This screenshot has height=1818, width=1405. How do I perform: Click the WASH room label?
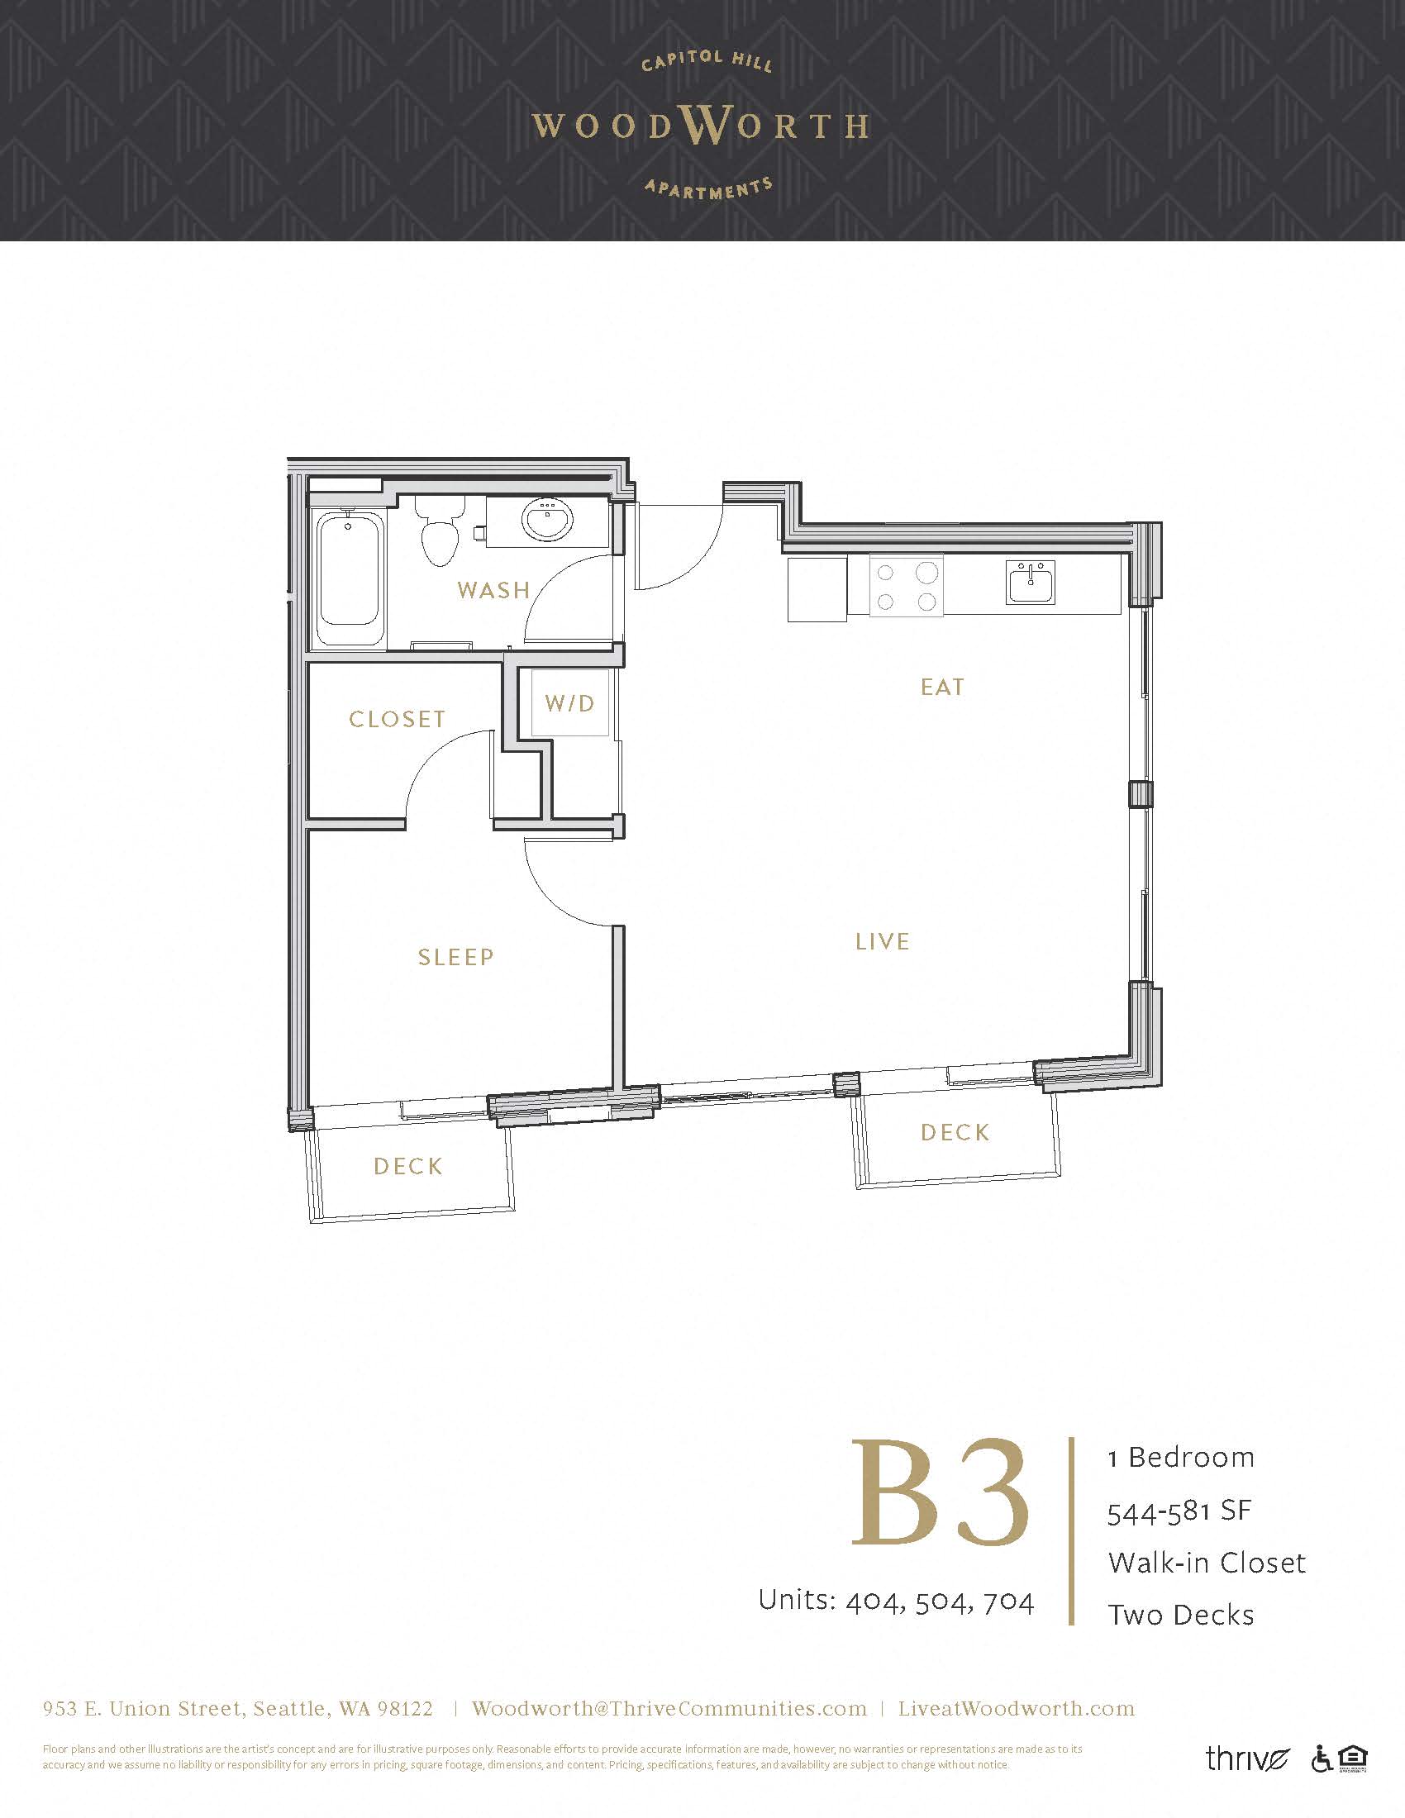(x=493, y=590)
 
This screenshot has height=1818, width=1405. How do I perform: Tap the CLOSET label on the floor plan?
(x=397, y=719)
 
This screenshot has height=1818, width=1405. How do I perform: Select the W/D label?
(x=570, y=703)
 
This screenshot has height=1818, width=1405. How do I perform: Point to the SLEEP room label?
(x=456, y=957)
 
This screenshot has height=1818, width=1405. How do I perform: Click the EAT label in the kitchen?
(x=942, y=687)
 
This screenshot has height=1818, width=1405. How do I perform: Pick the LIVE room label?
(x=883, y=941)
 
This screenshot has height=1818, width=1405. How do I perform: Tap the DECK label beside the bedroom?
(x=407, y=1166)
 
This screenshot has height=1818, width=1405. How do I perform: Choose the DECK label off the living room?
(x=955, y=1132)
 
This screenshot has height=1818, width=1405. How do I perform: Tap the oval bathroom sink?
(x=548, y=521)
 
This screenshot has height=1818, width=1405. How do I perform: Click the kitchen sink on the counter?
(x=1031, y=582)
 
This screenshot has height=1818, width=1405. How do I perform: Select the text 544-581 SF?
(x=1179, y=1510)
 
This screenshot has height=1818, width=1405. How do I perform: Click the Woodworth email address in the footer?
(x=669, y=1708)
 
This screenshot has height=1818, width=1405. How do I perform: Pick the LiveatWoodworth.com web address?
(x=1017, y=1708)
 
